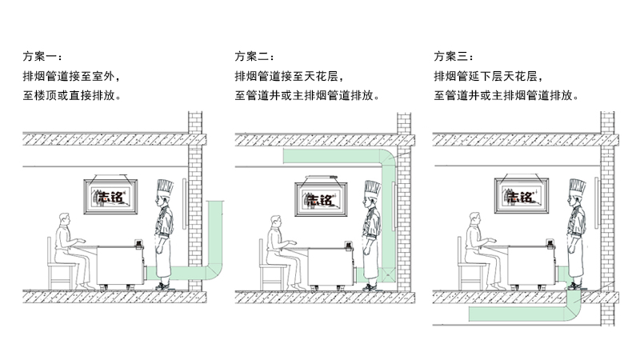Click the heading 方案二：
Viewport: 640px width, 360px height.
(x=254, y=57)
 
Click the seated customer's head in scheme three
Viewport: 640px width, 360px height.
(x=474, y=220)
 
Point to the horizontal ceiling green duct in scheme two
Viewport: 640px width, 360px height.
(x=336, y=158)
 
